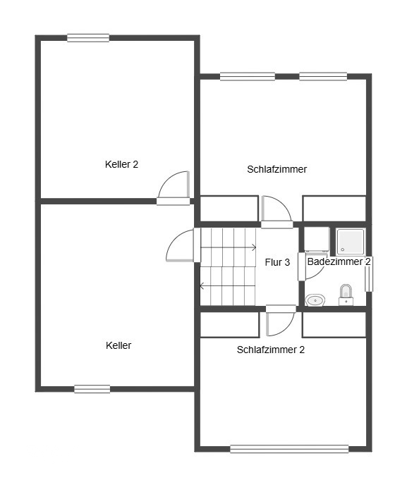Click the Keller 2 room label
coord(121,164)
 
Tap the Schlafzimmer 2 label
coord(270,350)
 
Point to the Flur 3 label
coord(277,262)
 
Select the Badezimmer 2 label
coord(339,261)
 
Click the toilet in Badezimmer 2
coord(346,295)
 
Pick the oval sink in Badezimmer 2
coord(315,300)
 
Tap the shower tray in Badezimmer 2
coord(351,242)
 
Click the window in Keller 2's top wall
coord(88,38)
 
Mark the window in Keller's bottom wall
coord(92,389)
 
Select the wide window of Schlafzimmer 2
coord(289,449)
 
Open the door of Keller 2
coord(174,188)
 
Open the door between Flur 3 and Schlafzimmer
coord(277,212)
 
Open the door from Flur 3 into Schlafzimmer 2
coord(281,321)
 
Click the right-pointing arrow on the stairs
coord(229,247)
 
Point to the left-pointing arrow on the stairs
coord(227,285)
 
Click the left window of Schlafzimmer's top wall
coord(248,76)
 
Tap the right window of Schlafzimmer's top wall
coord(323,76)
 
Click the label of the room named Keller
coord(119,345)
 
